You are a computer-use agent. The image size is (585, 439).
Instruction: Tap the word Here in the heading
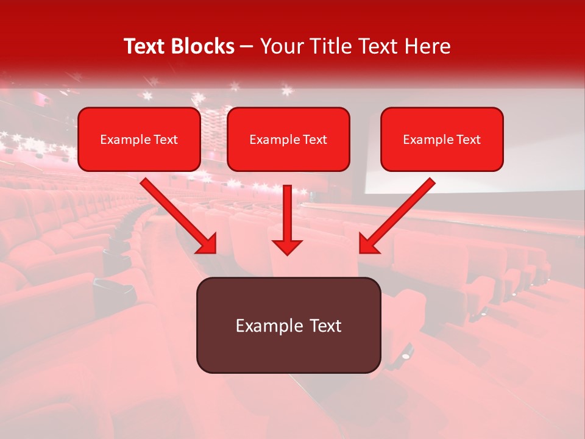click(428, 46)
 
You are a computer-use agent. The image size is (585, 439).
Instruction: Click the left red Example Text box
click(139, 139)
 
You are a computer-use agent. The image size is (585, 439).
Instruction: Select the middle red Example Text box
click(288, 139)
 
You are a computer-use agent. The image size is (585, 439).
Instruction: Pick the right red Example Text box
click(442, 139)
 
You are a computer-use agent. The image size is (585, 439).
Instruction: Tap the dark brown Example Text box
click(288, 325)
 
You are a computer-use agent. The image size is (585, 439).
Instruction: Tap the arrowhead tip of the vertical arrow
click(287, 251)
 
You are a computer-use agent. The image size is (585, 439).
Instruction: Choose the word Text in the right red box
click(467, 140)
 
